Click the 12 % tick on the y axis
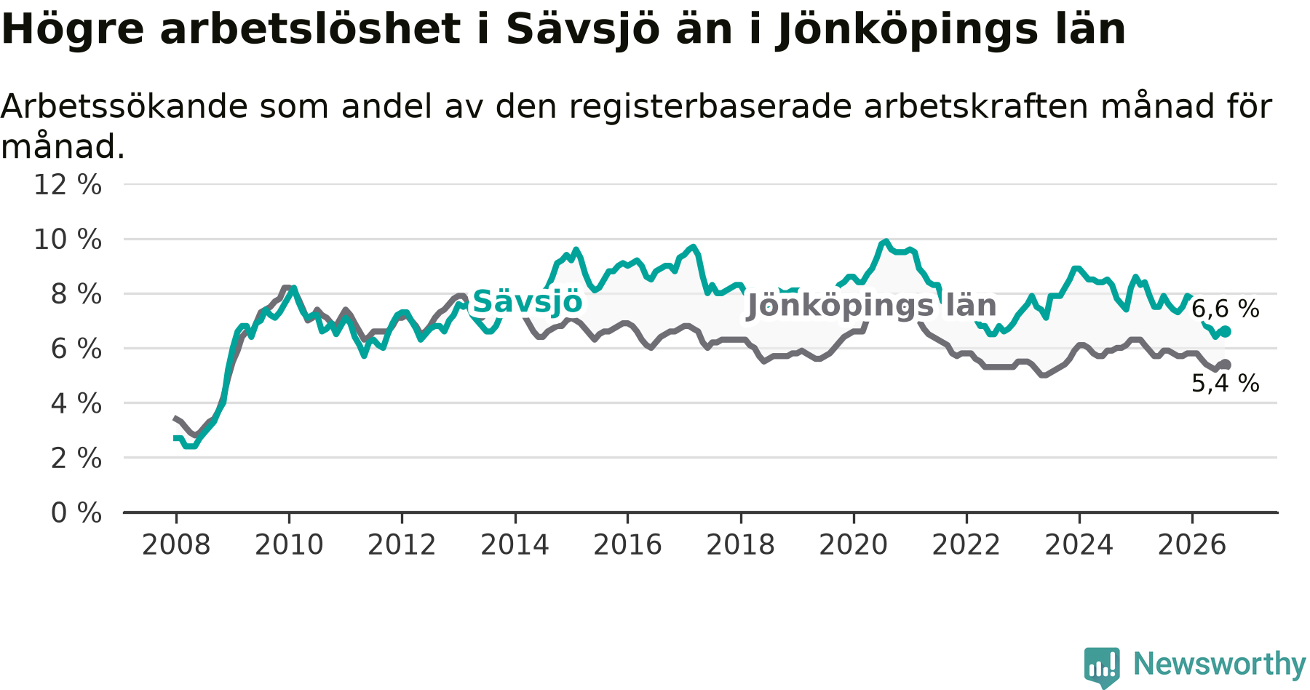click(68, 185)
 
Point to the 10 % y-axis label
click(68, 239)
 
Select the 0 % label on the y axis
click(76, 513)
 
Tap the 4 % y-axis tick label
click(76, 403)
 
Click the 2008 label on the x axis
click(176, 544)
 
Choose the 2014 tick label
click(515, 544)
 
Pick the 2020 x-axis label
click(854, 544)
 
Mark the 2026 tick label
click(1192, 544)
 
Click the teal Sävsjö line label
click(528, 301)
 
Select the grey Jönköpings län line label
click(872, 306)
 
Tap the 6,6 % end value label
click(1225, 309)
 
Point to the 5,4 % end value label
click(1225, 384)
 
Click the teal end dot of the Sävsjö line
click(1226, 331)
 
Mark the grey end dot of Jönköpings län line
click(1226, 364)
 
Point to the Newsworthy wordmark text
click(1220, 664)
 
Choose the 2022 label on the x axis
click(966, 544)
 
